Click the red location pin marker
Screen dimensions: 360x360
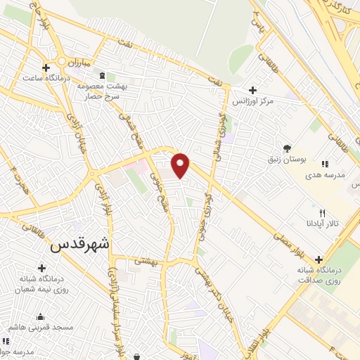coord(181,165)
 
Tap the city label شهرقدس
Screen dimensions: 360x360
coord(80,247)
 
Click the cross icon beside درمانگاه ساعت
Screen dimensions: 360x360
coord(46,68)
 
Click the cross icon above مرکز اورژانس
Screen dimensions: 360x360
coord(252,90)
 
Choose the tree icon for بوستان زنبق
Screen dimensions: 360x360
coord(287,148)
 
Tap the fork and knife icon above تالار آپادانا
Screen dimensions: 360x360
coord(323,212)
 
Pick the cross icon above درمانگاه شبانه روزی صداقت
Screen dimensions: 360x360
coord(321,259)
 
